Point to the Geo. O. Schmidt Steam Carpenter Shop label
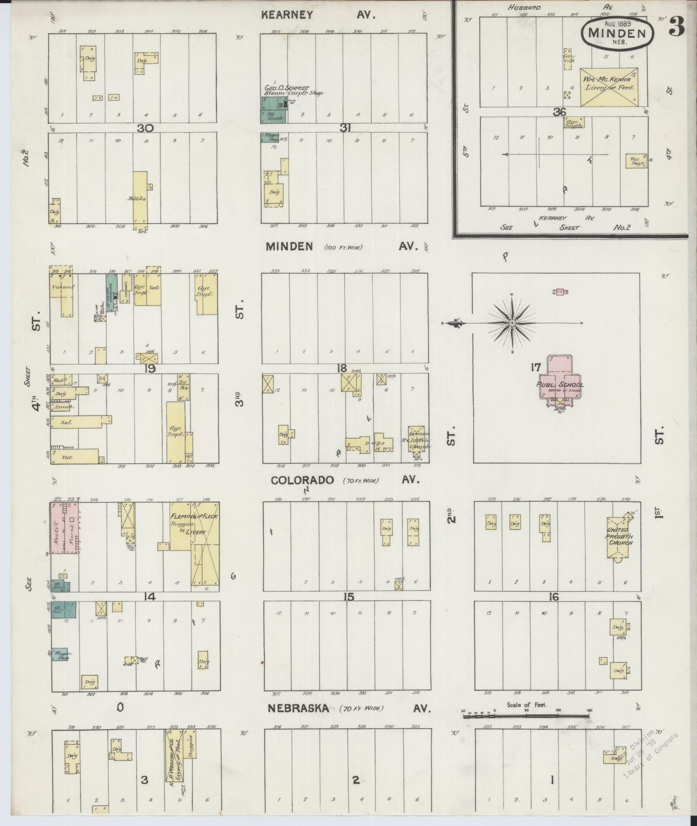pyautogui.click(x=293, y=90)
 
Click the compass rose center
pyautogui.click(x=512, y=323)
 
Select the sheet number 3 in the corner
pyautogui.click(x=676, y=27)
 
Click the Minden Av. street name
pyautogui.click(x=289, y=247)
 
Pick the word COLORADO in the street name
pyautogui.click(x=302, y=480)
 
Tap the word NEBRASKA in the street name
pyautogui.click(x=298, y=709)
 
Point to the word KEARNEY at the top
pyautogui.click(x=286, y=15)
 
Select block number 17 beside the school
pyautogui.click(x=536, y=368)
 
